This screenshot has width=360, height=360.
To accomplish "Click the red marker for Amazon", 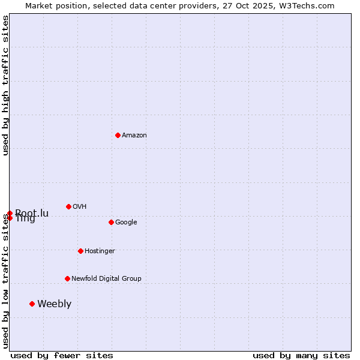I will coord(118,135).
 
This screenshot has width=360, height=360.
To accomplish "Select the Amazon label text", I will coord(134,136).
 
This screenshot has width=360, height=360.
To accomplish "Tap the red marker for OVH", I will coord(68,206).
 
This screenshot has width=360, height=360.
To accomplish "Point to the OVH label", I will coord(79,207).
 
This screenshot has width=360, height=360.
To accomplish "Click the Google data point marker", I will coord(111,222).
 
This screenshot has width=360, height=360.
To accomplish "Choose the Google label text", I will coord(126,223).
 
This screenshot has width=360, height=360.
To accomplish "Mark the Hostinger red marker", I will coord(80,251).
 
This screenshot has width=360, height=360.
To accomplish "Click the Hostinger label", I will coord(100,251).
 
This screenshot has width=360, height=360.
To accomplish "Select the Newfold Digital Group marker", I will coord(67,278).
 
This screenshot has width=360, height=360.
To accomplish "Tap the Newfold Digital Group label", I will coord(106,278).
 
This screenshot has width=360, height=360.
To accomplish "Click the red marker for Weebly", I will coord(32,304).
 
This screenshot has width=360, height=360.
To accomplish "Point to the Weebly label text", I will coord(54,304).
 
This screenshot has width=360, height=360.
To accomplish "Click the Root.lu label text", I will coord(32,213).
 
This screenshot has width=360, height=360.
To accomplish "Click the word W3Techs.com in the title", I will coord(310,5).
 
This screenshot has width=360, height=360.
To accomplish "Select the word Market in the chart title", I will coord(40,5).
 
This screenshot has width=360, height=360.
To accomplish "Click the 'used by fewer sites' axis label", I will coord(62,355).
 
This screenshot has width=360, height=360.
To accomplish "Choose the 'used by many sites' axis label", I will coord(301,355).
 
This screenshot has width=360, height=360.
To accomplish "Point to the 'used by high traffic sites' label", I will coord(5,85).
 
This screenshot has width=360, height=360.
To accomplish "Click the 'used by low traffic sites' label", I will coord(5,281).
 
